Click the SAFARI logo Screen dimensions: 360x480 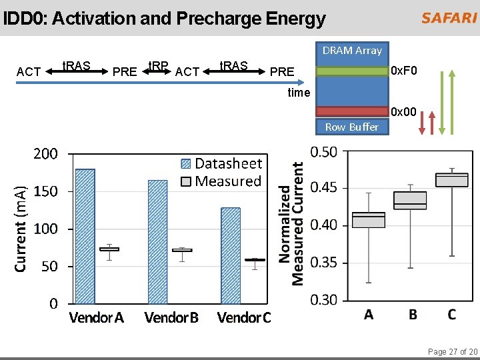click(x=449, y=18)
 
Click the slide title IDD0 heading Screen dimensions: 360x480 click(x=164, y=19)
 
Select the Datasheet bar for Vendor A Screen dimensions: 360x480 click(x=85, y=236)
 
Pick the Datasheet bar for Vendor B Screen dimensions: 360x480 click(x=157, y=241)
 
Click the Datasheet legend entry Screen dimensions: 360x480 click(x=221, y=163)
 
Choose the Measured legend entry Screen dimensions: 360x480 click(x=221, y=181)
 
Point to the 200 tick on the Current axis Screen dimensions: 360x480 click(x=45, y=154)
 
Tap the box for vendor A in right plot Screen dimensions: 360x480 click(x=369, y=220)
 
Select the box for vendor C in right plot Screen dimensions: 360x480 click(x=451, y=179)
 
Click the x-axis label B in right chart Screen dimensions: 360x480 click(x=413, y=315)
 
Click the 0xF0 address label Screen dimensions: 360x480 click(x=404, y=70)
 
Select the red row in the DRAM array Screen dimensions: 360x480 click(x=352, y=111)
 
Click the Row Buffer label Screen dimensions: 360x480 click(x=351, y=127)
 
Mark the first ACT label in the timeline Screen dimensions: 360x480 click(x=28, y=71)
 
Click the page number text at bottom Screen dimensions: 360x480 click(x=453, y=351)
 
